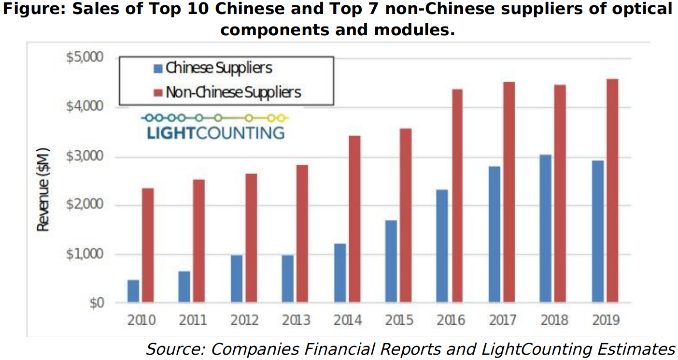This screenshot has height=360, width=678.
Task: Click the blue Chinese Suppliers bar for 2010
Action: [x=133, y=291]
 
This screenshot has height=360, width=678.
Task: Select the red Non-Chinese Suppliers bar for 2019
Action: [x=612, y=191]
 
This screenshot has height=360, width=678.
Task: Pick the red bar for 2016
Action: [x=456, y=196]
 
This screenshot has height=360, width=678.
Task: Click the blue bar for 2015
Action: [x=391, y=261]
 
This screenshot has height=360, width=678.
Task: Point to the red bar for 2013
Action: [x=302, y=234]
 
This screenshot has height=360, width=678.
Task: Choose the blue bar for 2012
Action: [x=237, y=279]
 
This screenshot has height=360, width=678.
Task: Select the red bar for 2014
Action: [x=354, y=219]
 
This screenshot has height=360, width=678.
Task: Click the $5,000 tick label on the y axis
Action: [x=84, y=58]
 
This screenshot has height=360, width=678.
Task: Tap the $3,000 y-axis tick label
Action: [x=84, y=157]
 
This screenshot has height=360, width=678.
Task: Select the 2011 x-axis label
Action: [x=192, y=320]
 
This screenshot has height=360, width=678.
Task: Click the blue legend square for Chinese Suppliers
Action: [x=158, y=69]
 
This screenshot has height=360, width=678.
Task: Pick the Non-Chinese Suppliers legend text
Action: [x=233, y=92]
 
